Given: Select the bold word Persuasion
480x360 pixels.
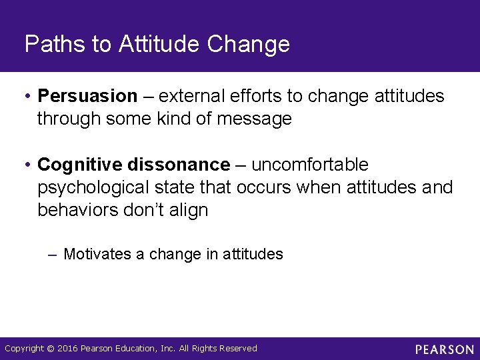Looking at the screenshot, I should [x=87, y=96].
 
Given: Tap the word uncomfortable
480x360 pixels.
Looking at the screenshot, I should [x=310, y=164].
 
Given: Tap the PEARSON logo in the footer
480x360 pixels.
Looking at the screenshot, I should [x=445, y=349].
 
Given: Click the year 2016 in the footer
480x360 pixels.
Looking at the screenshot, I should [x=67, y=349].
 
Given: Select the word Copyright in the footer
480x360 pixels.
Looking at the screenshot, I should [x=25, y=349].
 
